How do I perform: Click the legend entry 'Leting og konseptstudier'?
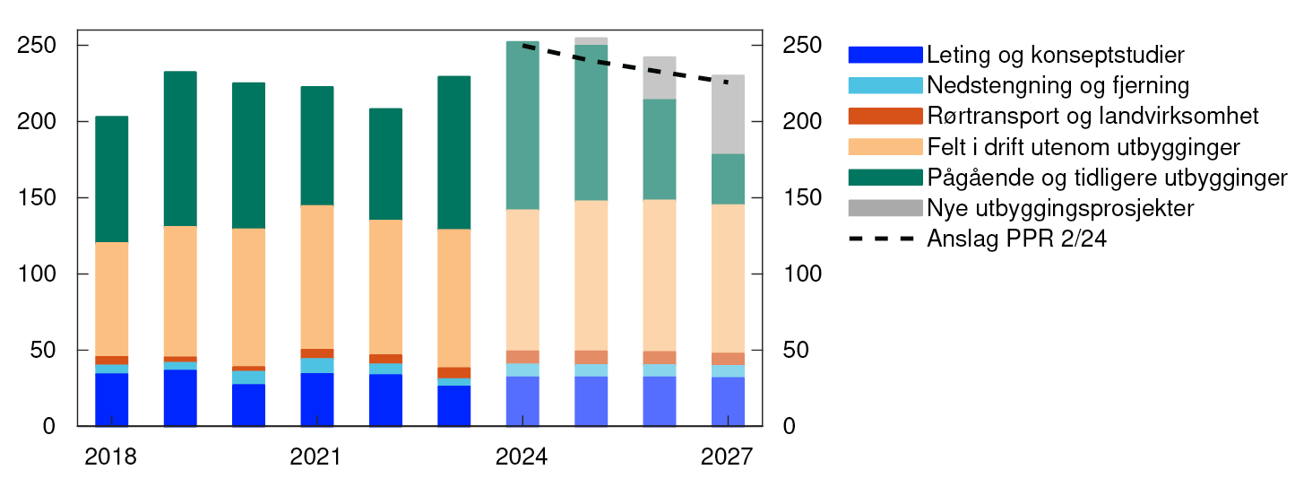click(1056, 55)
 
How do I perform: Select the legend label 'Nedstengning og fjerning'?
click(1058, 86)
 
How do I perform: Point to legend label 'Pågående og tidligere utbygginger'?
click(1107, 178)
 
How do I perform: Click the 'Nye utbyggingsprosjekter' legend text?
click(1060, 208)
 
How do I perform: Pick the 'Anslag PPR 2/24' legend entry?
click(1017, 239)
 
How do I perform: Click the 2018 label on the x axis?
click(110, 457)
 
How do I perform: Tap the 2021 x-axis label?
click(316, 457)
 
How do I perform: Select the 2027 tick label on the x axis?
click(728, 457)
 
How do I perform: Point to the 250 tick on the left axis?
click(35, 46)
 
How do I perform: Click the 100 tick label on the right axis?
click(801, 274)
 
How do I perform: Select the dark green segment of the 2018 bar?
click(111, 179)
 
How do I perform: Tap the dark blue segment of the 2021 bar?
click(316, 399)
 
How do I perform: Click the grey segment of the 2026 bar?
click(660, 77)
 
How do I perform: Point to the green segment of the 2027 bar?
click(728, 178)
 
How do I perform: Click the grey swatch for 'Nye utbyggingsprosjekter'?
click(885, 208)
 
